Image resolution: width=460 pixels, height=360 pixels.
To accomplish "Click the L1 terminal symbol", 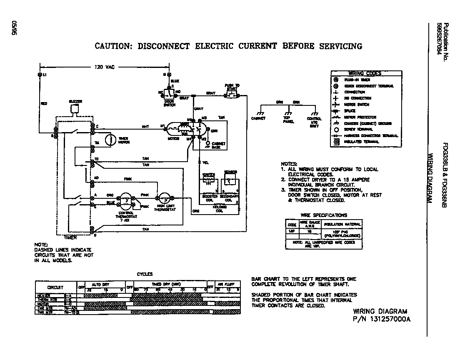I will coord(40,75).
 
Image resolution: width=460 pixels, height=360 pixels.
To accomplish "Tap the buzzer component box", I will coord(75,109).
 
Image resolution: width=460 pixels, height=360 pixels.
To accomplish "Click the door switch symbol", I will coord(170,92).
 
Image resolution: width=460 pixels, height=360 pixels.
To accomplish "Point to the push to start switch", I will coord(232,95).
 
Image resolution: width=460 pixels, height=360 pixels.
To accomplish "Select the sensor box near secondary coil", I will coord(230,180).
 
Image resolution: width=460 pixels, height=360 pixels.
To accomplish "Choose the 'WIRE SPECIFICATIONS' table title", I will coord(323,215).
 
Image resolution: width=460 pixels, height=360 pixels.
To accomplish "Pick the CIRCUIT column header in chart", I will coord(55,287).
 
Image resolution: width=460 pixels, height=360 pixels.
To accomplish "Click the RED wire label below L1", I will coord(43,103).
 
